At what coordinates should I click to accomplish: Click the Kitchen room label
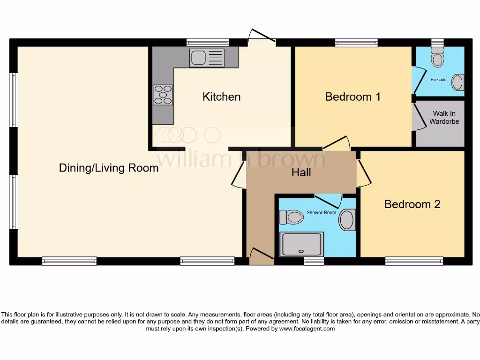[x=221, y=97]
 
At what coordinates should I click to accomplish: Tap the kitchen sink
[x=207, y=58]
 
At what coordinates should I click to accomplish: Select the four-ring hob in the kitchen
[x=163, y=94]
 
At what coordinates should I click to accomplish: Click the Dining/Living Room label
[x=109, y=168]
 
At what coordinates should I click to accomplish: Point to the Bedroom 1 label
[x=352, y=97]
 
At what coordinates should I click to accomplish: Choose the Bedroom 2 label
[x=412, y=204]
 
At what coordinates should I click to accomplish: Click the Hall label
[x=301, y=172]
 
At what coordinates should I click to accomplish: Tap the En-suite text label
[x=438, y=80]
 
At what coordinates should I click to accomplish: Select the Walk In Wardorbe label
[x=444, y=118]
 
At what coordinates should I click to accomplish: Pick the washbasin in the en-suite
[x=457, y=82]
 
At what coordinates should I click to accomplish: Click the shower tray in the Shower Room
[x=301, y=245]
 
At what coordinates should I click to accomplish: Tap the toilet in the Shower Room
[x=291, y=217]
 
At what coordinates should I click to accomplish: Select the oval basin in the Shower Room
[x=347, y=220]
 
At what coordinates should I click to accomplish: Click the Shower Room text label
[x=321, y=212]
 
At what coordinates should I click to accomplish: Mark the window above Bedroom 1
[x=356, y=43]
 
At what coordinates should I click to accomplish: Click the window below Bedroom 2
[x=414, y=261]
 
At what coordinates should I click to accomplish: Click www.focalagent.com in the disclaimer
[x=307, y=329]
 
